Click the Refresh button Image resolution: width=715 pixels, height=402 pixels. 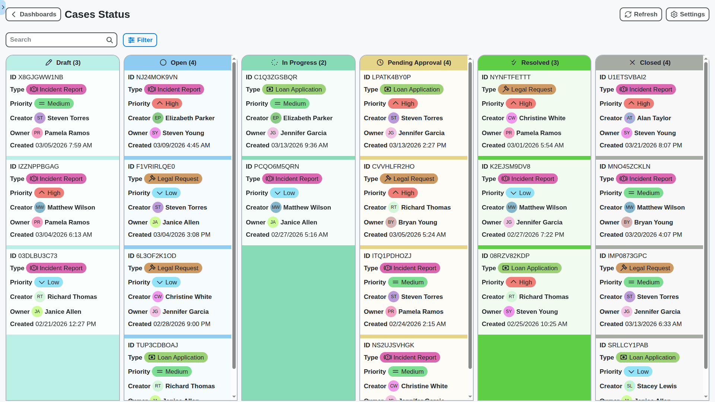[641, 15]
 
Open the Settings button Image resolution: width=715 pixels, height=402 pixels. [687, 15]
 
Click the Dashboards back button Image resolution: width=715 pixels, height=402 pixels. [34, 15]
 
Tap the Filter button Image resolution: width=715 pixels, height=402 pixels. [140, 40]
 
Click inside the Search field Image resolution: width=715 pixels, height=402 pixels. [56, 40]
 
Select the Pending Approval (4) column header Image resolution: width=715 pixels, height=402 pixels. [413, 63]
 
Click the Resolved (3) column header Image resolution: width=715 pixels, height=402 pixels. [534, 63]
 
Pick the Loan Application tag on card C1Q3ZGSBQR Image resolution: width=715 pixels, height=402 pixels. [294, 89]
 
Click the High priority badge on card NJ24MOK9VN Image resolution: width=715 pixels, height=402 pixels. [167, 103]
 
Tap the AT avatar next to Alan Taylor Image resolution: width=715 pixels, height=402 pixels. [629, 118]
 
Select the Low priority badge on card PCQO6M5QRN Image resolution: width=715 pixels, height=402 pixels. [285, 193]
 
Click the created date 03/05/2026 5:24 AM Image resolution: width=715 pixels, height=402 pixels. [417, 234]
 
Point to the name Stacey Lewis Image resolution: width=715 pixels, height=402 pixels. [657, 386]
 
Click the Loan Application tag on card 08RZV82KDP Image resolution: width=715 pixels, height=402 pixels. [530, 268]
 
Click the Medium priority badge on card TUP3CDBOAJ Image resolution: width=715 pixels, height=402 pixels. [172, 371]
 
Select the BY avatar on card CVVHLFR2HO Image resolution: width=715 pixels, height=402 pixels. [391, 222]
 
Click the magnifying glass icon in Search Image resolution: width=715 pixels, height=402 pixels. [109, 40]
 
